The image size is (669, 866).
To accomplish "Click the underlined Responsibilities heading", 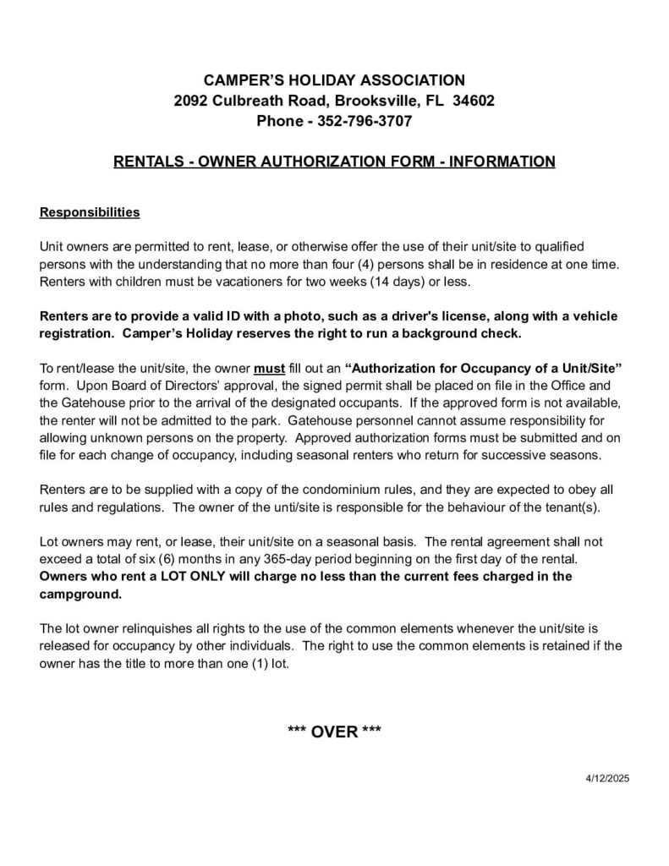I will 90,211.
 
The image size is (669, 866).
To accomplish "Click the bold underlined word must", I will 269,369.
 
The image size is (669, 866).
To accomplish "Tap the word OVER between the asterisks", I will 335,732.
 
